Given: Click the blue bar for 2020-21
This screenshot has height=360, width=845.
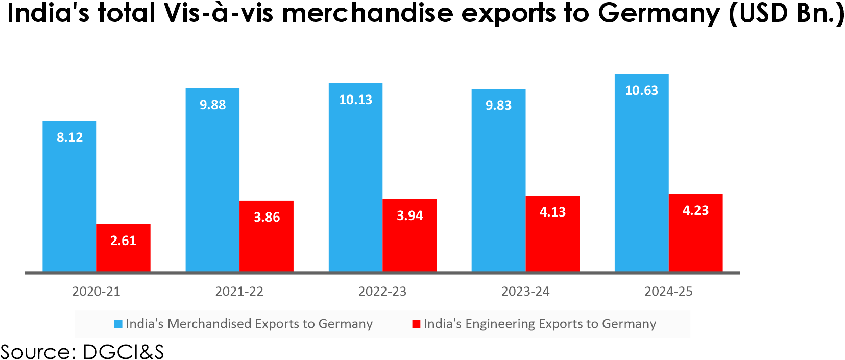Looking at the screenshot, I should (69, 199).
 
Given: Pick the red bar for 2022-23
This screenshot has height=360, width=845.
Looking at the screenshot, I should (409, 240).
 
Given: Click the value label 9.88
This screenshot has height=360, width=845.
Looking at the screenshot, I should (212, 105).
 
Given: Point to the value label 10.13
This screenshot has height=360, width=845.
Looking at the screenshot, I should (356, 100).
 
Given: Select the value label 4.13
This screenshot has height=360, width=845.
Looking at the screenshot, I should (552, 212).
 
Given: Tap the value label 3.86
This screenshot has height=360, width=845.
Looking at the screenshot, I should (267, 217).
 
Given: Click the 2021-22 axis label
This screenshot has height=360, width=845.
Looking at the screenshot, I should (239, 292).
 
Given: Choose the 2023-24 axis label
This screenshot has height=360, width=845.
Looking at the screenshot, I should (525, 292).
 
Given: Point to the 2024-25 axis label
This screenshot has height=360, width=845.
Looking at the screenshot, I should (668, 292).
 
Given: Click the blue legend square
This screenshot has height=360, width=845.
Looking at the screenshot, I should (118, 324).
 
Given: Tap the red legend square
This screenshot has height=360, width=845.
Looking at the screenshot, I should (416, 324).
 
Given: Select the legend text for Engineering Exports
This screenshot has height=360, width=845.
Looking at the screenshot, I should (540, 324).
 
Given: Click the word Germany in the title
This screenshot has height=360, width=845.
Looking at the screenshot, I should (659, 13).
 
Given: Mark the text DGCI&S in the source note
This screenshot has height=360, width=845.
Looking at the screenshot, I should (123, 352).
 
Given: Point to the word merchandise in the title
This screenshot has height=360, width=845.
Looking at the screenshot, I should (368, 13).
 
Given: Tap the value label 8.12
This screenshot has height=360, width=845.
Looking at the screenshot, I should (69, 137).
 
